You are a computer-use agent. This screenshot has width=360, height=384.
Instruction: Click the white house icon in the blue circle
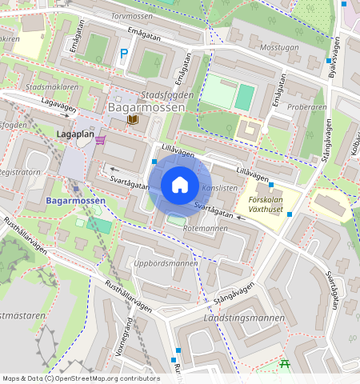[x=180, y=185]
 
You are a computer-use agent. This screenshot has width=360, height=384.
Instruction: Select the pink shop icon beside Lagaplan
[x=100, y=140]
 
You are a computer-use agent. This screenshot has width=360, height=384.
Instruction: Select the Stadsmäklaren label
[x=52, y=86]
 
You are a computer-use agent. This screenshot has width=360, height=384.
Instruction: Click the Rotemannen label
[x=206, y=229]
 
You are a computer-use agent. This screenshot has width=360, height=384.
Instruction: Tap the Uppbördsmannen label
[x=166, y=262]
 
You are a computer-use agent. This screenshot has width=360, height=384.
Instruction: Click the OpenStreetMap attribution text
[x=81, y=378]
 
